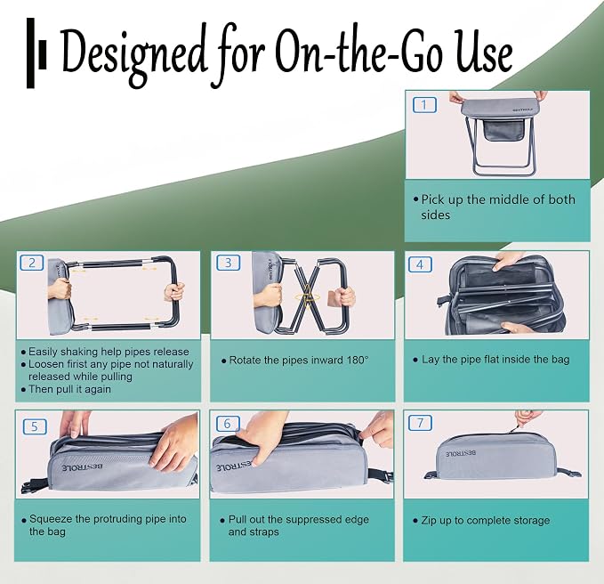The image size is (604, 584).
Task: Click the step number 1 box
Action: [x=424, y=105]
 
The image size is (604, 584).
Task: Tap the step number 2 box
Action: [x=32, y=263]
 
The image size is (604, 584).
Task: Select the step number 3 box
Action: [x=228, y=263]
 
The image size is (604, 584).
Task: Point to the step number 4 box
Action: [x=420, y=264]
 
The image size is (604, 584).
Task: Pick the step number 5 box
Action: [x=35, y=426]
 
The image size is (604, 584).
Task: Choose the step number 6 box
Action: [x=228, y=424]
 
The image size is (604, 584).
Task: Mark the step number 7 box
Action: [x=420, y=423]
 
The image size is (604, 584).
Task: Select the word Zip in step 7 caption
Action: [x=429, y=521]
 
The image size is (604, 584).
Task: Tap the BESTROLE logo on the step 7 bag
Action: [x=461, y=453]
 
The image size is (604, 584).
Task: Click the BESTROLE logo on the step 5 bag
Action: [x=83, y=467]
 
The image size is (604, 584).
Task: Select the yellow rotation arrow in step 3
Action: [x=307, y=297]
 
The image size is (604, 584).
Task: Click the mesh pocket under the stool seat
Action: [x=503, y=130]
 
